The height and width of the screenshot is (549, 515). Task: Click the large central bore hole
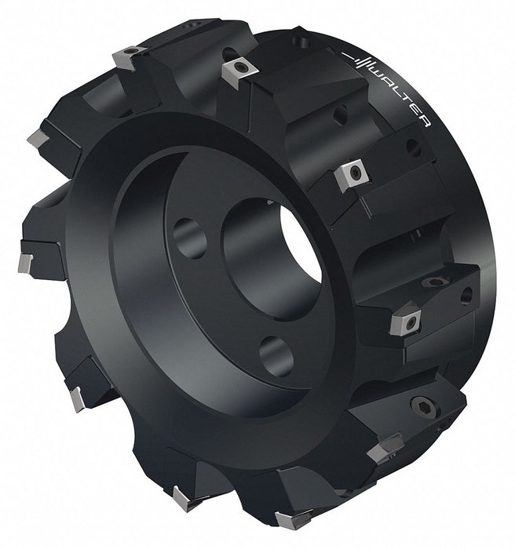[x=272, y=258]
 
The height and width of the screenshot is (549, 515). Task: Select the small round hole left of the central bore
[x=190, y=238]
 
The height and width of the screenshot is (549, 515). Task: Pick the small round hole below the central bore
[x=276, y=356]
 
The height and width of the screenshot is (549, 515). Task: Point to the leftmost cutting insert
[x=25, y=263]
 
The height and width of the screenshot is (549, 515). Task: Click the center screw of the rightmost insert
[x=411, y=322]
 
